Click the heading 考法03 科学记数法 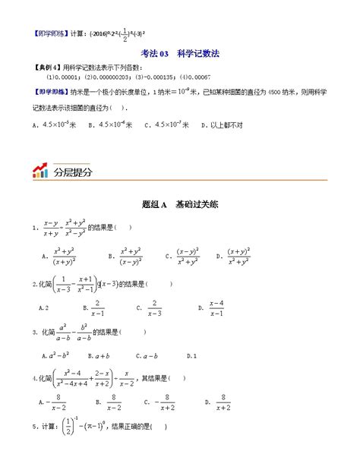tap(180, 53)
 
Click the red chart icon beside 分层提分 tap(40, 171)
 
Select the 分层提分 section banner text tap(74, 172)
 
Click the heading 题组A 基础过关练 tap(180, 205)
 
